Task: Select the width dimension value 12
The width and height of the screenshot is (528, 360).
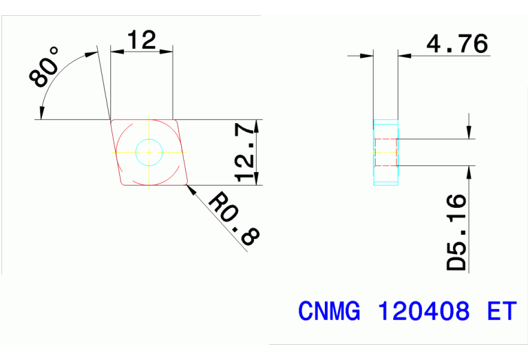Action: (x=141, y=40)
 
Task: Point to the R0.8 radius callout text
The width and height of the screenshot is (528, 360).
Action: (x=234, y=219)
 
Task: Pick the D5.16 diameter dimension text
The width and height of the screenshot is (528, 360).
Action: (x=456, y=232)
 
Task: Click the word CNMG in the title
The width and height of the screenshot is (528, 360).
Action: (x=329, y=312)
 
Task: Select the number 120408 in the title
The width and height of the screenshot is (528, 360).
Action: (x=424, y=312)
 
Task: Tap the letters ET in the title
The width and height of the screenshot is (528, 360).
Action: (x=500, y=312)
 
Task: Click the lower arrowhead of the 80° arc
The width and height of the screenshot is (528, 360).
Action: (x=43, y=113)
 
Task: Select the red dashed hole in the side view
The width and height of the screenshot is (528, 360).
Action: (x=386, y=152)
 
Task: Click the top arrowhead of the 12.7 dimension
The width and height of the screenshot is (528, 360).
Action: (x=257, y=124)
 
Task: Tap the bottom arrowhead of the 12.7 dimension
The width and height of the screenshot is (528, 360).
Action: (x=257, y=181)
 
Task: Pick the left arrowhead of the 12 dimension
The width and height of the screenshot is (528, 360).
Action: (x=114, y=51)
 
